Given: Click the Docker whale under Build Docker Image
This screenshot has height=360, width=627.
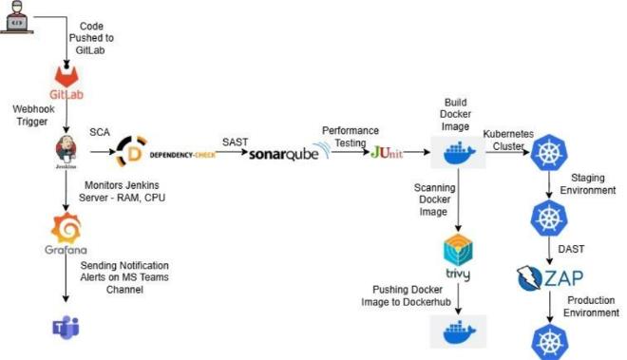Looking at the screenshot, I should click(x=458, y=151).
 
